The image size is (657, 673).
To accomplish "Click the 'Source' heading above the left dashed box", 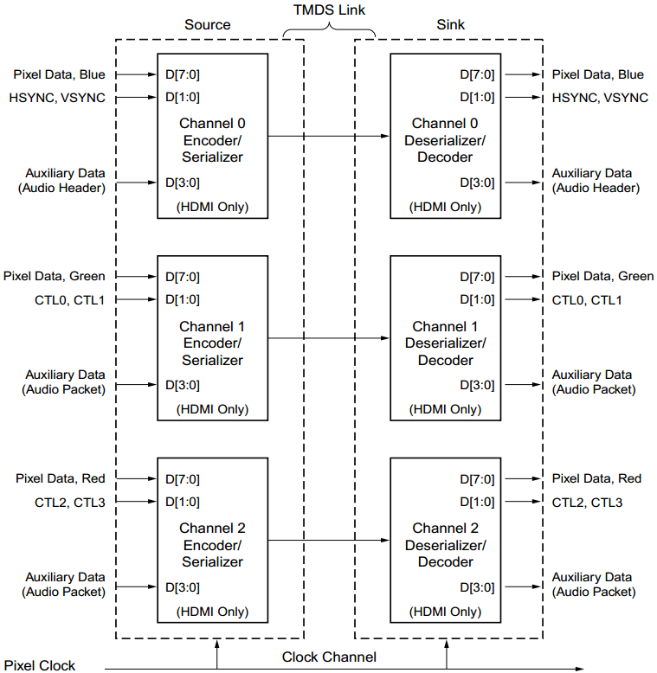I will (x=209, y=24).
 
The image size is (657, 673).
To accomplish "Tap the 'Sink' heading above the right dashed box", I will (x=450, y=24).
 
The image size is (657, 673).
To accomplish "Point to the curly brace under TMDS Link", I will (x=329, y=32).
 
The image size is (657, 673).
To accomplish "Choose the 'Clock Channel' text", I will (x=329, y=657).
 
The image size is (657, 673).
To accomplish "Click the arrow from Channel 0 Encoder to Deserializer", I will (x=329, y=136).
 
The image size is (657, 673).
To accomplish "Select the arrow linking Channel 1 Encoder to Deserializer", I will (x=329, y=338).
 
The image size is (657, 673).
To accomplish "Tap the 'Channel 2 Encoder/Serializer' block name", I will (x=212, y=545).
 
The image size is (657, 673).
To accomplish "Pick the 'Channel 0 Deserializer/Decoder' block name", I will (x=445, y=140).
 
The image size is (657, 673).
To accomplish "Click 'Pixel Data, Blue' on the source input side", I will (x=60, y=75).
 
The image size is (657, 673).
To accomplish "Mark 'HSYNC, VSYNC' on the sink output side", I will (x=600, y=98).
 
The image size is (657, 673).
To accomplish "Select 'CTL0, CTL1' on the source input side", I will (x=74, y=300).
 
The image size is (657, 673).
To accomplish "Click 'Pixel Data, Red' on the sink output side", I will (x=596, y=478).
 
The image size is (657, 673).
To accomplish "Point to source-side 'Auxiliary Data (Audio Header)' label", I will (x=65, y=180).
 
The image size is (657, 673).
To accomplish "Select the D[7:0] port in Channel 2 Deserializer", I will (x=477, y=479).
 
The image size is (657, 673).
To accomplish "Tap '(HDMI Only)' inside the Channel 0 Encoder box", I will (x=212, y=207).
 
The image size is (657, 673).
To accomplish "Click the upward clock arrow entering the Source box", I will (x=216, y=651).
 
